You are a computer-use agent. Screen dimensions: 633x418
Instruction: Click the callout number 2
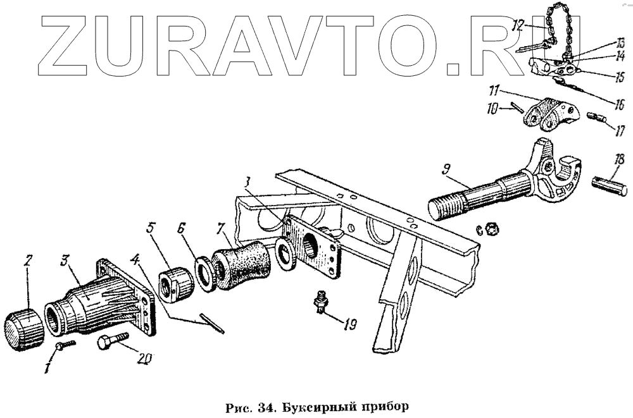[x=28, y=261]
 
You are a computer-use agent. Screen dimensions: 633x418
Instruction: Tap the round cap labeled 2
[x=23, y=329]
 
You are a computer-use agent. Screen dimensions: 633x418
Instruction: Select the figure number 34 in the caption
[x=265, y=405]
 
